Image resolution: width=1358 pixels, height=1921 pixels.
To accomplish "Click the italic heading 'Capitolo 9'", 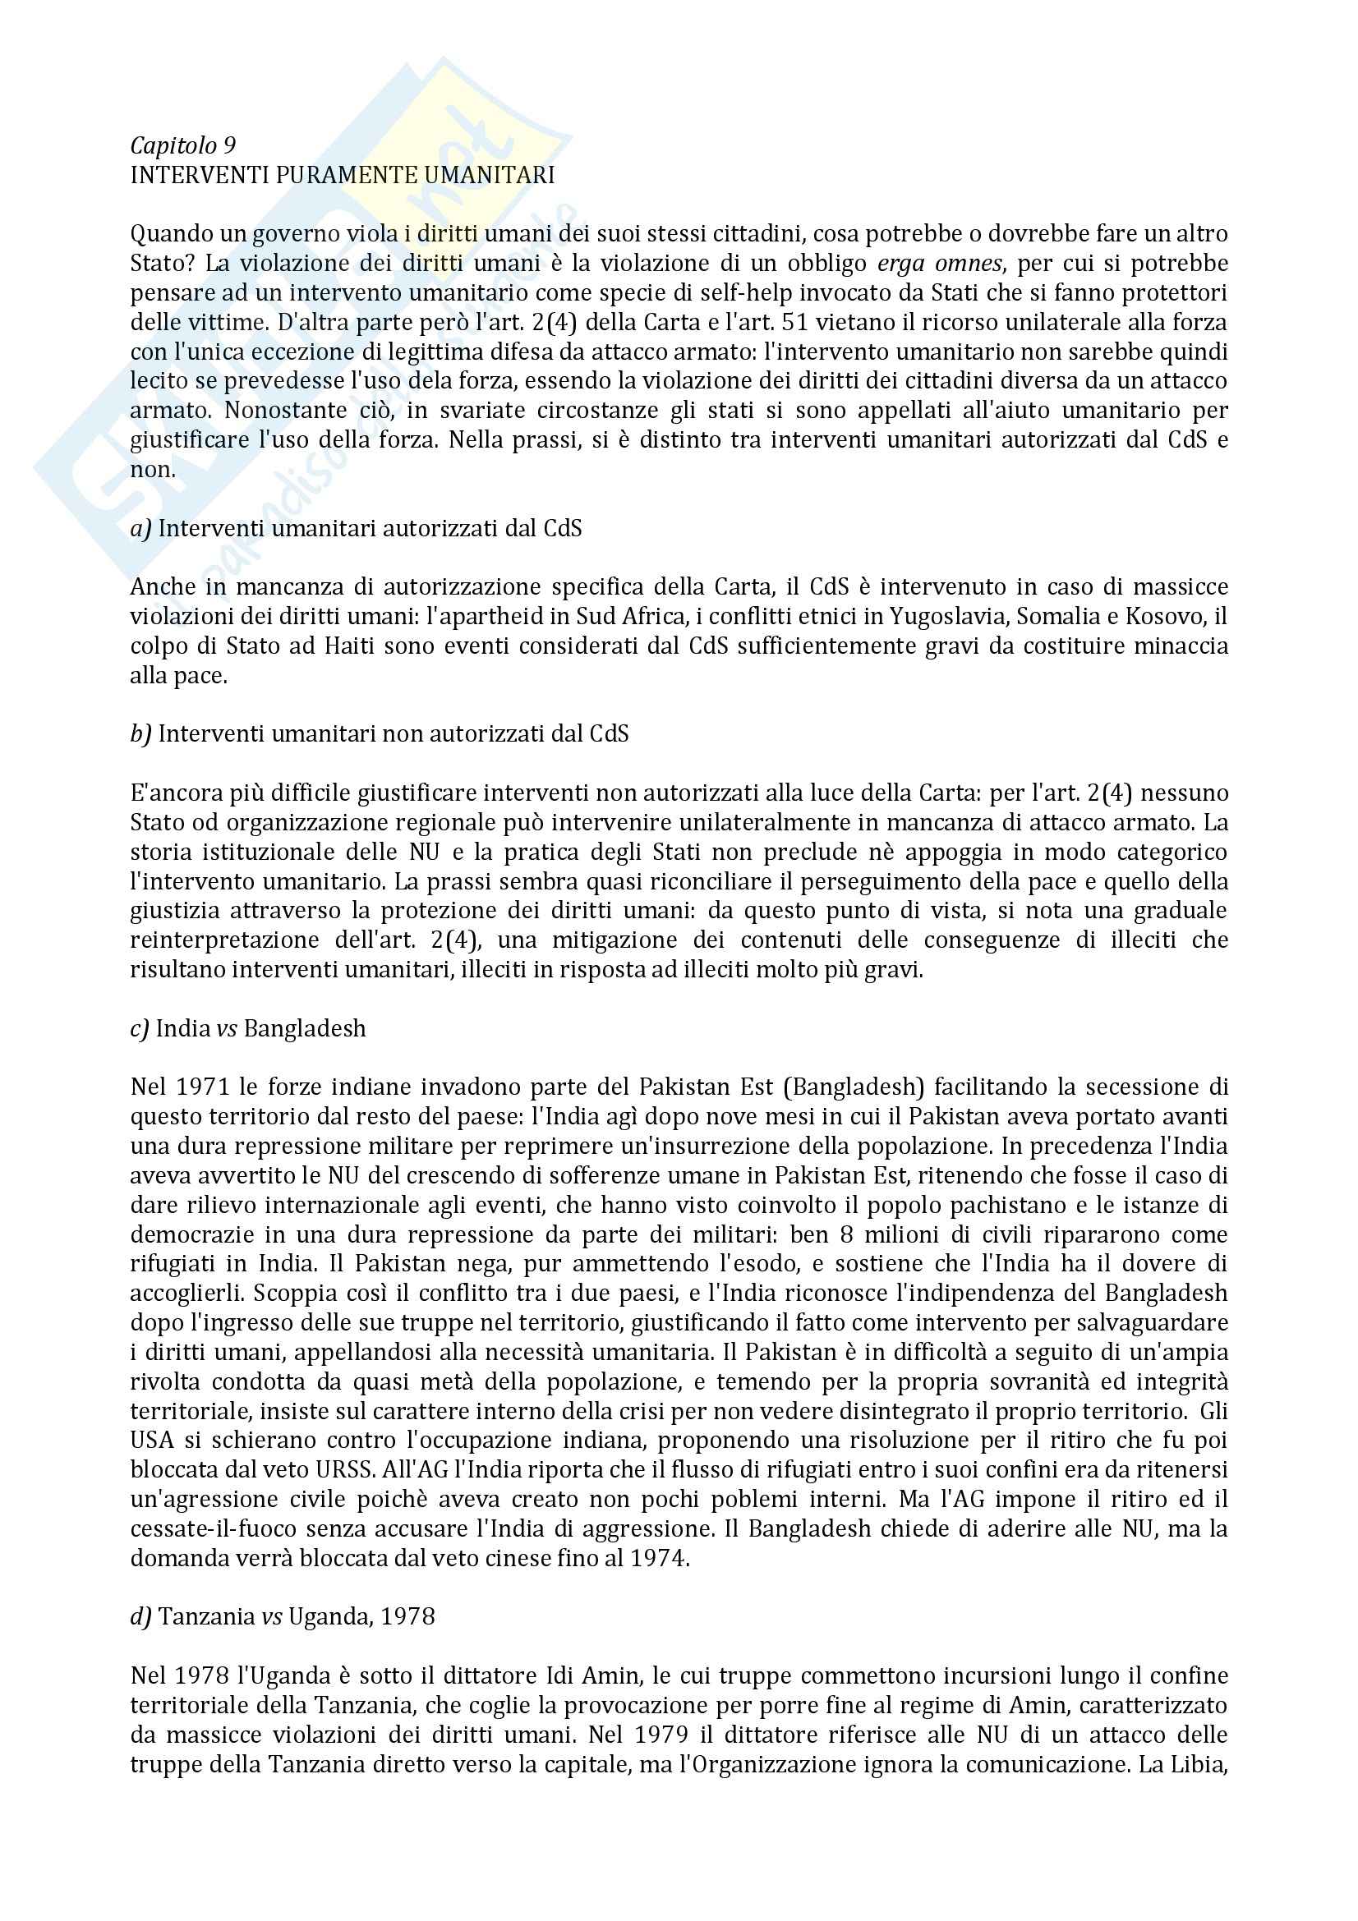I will (x=182, y=146).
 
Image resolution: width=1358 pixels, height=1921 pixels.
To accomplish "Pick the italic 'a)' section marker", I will (x=140, y=529).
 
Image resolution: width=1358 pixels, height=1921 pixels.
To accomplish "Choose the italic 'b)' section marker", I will (x=140, y=734).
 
